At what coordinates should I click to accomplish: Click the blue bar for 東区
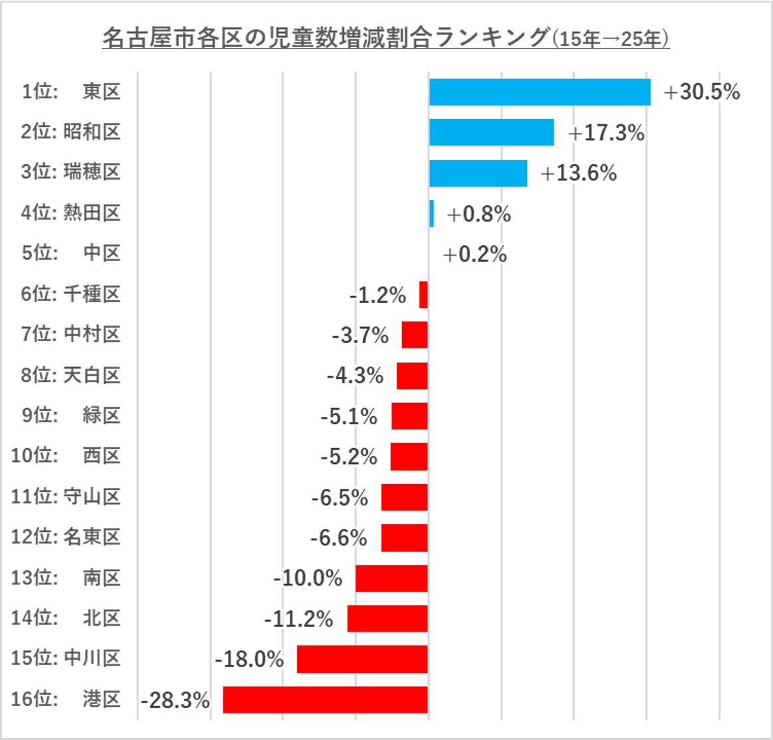pos(540,92)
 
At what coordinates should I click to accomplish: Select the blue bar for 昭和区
pos(491,132)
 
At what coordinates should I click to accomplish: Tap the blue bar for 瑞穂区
pos(478,173)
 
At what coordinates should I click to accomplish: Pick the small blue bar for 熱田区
pos(431,213)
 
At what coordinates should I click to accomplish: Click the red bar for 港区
pos(325,699)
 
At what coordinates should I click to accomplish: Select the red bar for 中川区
pos(362,659)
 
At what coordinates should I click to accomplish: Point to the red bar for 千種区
pos(423,295)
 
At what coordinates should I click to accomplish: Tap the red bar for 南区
pos(391,578)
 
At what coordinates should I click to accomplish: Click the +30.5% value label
pos(701,92)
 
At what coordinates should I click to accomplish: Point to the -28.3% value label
pos(175,700)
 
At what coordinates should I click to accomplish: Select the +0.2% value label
pos(475,254)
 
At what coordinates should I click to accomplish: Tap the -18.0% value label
pos(249,659)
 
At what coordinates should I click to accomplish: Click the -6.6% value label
pos(338,537)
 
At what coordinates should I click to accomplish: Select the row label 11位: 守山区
pos(66,497)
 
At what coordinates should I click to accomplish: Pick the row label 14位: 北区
pos(66,618)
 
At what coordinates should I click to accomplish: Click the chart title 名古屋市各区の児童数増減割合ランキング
pos(326,38)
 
